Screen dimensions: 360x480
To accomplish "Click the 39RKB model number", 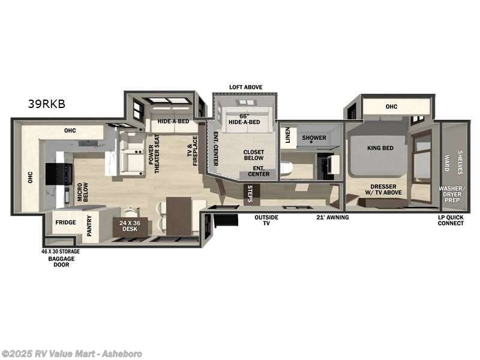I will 46,103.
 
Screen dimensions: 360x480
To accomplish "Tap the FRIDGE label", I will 65,223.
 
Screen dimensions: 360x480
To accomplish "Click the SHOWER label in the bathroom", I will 314,138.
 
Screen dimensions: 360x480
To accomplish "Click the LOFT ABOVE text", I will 245,88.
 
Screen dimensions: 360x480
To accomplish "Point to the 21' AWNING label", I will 332,217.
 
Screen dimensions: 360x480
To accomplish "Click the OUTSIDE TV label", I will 266,220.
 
